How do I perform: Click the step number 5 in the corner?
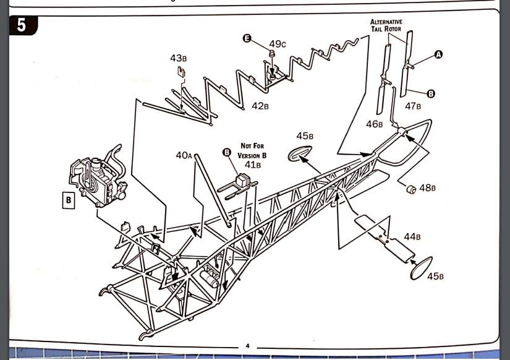coord(22,25)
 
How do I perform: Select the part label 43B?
coord(178,58)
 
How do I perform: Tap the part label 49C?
coord(278,44)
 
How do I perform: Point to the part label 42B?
coord(260,106)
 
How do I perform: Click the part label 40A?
coord(184,155)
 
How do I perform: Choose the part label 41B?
coord(253,165)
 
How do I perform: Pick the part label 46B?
coord(375,124)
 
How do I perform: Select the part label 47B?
coord(413,106)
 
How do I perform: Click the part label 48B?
coord(427,187)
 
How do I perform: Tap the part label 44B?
coord(412,237)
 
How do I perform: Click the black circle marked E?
coord(247,38)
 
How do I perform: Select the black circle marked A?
coord(438,54)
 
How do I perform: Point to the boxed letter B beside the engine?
coord(68,200)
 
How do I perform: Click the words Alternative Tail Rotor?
coord(386,25)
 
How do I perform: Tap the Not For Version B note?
coord(252,151)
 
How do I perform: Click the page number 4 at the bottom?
coord(247,346)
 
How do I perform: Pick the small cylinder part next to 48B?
coord(411,189)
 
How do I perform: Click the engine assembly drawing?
coord(98,178)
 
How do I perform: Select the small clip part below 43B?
coord(181,72)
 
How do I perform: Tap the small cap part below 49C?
coord(272,53)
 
